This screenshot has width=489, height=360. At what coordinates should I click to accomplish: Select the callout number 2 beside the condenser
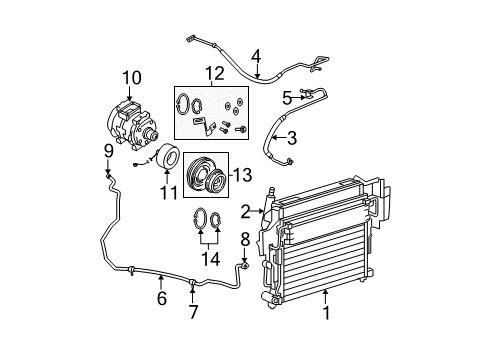245,210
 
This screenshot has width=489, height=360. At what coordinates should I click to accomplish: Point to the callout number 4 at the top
256,56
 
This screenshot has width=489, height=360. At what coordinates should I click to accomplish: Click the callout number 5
286,98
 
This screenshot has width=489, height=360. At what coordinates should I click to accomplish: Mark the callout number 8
245,238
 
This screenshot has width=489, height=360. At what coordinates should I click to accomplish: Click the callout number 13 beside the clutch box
241,175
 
